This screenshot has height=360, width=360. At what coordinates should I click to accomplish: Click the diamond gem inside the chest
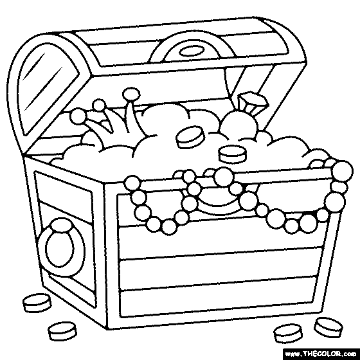253,102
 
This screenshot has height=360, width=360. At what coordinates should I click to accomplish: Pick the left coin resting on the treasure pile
190,137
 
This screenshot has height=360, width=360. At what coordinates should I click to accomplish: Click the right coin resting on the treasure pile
232,154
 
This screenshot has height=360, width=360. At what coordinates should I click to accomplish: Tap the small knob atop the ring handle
61,224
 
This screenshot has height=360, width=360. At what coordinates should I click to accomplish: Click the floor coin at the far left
37,303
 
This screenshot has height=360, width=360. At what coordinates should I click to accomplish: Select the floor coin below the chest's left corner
62,331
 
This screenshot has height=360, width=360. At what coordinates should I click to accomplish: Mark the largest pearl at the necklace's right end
342,171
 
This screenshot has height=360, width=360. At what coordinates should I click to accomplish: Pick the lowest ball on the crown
78,116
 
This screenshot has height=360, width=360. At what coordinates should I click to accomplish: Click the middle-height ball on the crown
99,105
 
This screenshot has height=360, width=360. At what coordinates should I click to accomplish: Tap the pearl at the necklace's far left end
132,183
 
